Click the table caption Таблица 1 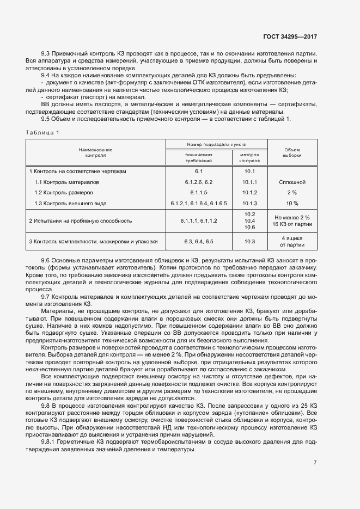[42, 132]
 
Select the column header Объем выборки [292, 152]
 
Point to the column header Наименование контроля [95, 152]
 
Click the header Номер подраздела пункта [216, 145]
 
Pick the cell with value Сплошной [292, 182]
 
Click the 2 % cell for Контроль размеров [292, 193]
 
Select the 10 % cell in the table [292, 203]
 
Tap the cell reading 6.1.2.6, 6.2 [198, 182]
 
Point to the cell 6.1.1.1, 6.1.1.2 [198, 220]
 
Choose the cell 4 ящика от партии [292, 241]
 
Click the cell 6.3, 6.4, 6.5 [198, 241]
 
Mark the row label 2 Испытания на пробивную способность [81, 220]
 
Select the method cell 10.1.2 [250, 193]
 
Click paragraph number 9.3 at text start [46, 53]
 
